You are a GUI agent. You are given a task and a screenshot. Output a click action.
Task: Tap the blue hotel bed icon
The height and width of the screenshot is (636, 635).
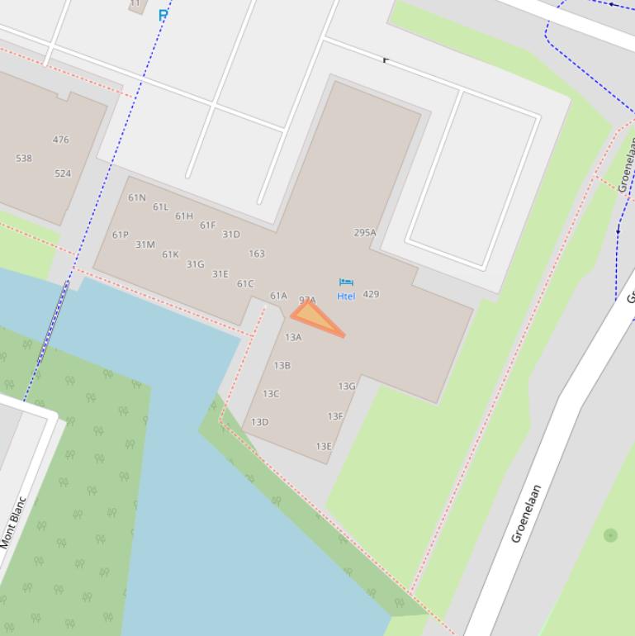346,283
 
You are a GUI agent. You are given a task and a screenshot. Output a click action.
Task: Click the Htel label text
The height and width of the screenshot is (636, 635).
346,296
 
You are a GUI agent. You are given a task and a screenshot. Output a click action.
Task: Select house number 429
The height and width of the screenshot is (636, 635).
371,294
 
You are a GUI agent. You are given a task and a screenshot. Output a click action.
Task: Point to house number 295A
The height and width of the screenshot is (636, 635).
365,233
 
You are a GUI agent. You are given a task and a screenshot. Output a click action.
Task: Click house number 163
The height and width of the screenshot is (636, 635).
257,254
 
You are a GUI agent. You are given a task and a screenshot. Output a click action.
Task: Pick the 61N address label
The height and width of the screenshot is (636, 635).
137,197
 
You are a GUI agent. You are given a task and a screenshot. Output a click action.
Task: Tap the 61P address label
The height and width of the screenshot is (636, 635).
121,235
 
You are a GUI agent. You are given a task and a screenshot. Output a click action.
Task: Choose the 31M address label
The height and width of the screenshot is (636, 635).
145,244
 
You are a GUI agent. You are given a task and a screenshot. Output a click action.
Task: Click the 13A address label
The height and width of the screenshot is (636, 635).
293,337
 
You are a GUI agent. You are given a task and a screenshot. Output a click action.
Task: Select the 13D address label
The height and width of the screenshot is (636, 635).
260,422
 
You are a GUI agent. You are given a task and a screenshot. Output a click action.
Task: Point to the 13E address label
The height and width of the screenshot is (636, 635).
324,447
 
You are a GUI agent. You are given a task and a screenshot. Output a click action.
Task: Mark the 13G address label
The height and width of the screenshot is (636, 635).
347,386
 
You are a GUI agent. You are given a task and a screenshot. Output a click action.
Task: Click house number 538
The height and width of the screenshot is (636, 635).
24,158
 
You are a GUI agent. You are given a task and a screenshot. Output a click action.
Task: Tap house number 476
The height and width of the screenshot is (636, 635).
61,140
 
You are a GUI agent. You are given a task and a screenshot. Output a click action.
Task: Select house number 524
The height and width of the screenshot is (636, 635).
63,173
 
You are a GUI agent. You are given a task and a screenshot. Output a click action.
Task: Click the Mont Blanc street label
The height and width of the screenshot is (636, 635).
14,522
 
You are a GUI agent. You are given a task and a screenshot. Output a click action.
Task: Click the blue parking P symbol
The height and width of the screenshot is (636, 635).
163,14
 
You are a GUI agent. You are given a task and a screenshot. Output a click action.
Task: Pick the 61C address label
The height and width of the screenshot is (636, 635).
245,284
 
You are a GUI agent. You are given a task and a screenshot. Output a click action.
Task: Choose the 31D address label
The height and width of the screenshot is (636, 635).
231,235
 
